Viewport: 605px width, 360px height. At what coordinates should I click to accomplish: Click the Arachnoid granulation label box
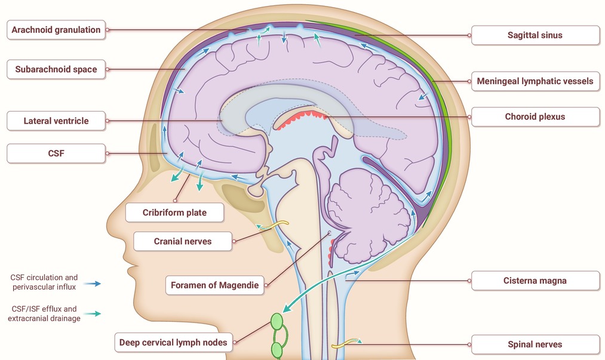click(56, 30)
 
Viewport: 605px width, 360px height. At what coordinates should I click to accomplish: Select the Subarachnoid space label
click(56, 69)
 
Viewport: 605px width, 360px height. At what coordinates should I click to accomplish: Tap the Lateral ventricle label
click(56, 121)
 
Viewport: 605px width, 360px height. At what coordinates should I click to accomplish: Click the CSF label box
click(56, 153)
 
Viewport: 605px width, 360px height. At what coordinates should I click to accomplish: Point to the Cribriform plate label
click(174, 212)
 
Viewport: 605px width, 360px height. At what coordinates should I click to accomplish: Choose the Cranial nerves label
click(183, 241)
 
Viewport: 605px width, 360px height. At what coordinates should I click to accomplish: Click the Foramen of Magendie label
click(214, 285)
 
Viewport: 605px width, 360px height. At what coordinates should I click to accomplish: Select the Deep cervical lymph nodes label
click(173, 342)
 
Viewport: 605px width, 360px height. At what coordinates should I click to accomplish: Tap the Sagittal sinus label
click(535, 35)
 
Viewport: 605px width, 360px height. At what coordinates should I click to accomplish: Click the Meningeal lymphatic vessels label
click(535, 81)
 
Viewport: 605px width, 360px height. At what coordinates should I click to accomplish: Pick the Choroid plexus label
click(535, 116)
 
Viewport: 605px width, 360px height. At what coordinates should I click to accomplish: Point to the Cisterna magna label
click(535, 281)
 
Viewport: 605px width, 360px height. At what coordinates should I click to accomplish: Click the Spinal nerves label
click(535, 344)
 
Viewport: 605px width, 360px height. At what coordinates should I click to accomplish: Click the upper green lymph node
click(277, 321)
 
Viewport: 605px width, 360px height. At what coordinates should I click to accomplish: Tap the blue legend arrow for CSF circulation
click(92, 284)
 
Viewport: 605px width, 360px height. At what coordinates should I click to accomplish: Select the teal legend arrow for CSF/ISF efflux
click(92, 313)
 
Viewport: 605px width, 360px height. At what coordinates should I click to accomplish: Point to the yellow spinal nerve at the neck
click(346, 342)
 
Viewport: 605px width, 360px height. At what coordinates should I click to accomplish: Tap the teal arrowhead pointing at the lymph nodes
click(287, 307)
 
